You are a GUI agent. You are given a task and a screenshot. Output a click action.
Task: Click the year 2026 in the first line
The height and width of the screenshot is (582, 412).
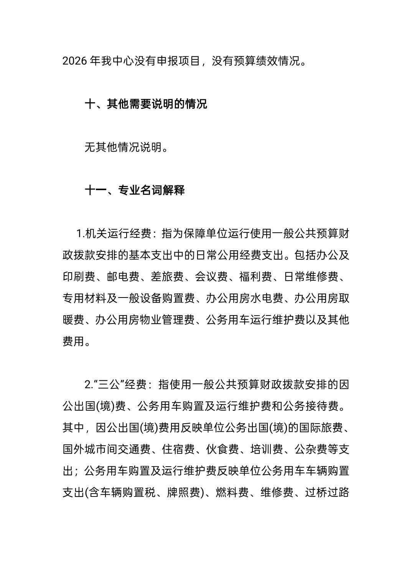click(74, 61)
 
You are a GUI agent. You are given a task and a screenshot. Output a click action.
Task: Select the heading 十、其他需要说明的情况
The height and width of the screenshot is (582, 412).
click(145, 104)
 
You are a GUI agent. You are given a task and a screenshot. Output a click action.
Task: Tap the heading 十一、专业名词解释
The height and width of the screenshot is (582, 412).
click(134, 190)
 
